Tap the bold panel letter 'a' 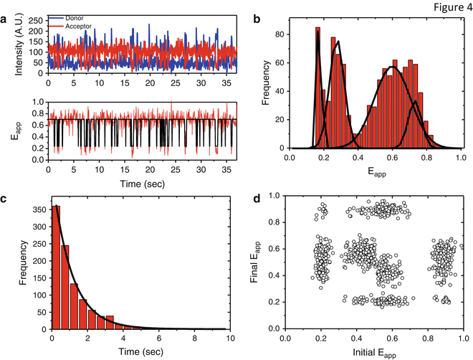(x=5, y=20)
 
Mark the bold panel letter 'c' (x=5, y=199)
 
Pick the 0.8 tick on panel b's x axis (x=428, y=157)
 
